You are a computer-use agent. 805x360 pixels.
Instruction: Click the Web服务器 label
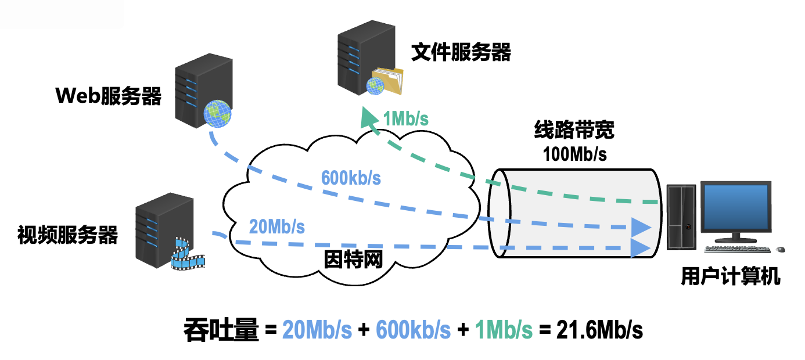108,96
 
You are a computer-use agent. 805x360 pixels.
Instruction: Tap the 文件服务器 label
461,53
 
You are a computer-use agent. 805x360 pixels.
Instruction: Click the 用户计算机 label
730,277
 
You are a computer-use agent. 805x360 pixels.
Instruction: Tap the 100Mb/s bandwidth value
574,154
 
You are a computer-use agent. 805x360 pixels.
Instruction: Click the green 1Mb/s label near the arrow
405,119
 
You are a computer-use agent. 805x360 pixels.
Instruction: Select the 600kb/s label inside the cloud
351,178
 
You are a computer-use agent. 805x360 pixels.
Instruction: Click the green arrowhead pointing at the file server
368,117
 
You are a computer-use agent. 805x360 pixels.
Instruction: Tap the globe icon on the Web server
218,113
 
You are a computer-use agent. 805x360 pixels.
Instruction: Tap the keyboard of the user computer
737,249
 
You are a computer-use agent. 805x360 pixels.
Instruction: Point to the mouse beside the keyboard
780,250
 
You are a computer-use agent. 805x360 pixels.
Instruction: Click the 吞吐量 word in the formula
220,330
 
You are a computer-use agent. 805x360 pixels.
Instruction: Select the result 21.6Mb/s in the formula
599,330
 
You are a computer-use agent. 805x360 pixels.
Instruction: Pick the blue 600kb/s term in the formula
413,330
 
